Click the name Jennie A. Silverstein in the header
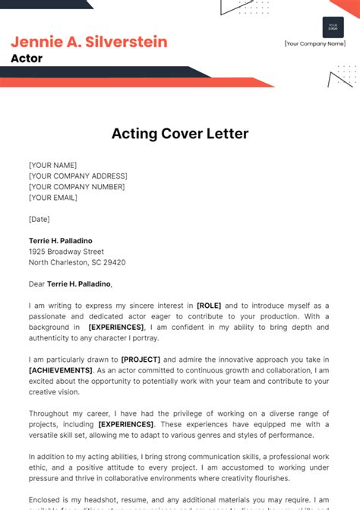(90, 42)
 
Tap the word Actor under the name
(27, 59)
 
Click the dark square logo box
(333, 27)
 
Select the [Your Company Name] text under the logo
(315, 44)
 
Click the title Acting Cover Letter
(180, 134)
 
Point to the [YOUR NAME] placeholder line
(52, 165)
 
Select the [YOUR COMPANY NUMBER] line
(77, 186)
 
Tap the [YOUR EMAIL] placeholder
(53, 198)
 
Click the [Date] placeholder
(39, 219)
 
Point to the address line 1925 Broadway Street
(66, 252)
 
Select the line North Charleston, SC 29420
(77, 262)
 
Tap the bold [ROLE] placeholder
(209, 306)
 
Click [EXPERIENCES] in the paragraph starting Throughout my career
(126, 424)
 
